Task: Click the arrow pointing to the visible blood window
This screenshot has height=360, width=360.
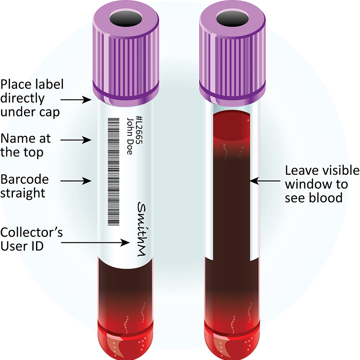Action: pyautogui.click(x=264, y=181)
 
